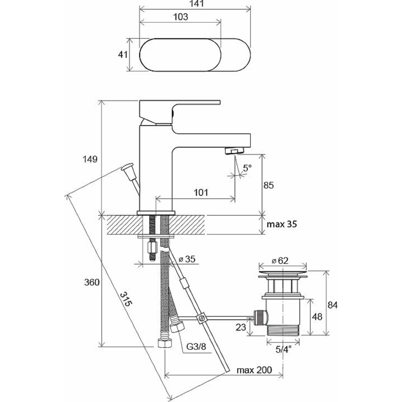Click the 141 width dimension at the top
pos(197,4)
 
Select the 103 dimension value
pos(181,17)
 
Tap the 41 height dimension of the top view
pos(122,54)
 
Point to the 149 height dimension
pos(90,159)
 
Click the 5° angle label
pos(247,168)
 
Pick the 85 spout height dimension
pos(269,185)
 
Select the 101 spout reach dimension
pos(201,192)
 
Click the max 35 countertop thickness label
pos(282,224)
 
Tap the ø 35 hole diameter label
pos(187,259)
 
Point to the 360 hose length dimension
pos(92,282)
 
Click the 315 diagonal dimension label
pos(126,299)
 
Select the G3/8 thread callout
pos(196,347)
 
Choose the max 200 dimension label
pos(254,370)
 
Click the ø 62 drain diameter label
pos(280,261)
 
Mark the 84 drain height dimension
pos(333,305)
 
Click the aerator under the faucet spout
pos(234,151)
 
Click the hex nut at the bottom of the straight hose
pos(164,343)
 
